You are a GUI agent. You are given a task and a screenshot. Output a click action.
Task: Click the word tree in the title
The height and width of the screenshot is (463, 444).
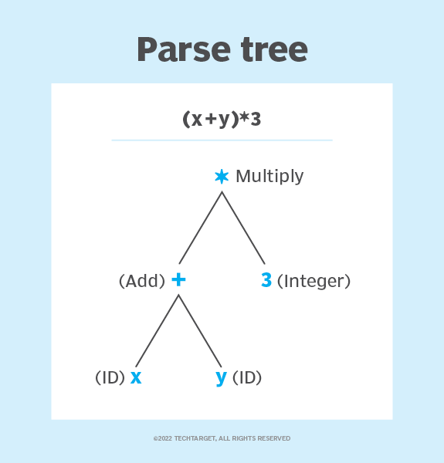click(270, 49)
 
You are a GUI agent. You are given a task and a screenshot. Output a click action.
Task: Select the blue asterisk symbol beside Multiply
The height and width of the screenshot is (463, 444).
click(222, 177)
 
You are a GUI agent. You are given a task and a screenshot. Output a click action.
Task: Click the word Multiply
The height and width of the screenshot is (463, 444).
click(269, 177)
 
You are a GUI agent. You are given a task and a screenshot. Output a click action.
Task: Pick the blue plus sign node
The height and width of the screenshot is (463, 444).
click(178, 280)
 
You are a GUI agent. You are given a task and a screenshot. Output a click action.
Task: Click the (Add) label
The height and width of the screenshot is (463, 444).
click(142, 282)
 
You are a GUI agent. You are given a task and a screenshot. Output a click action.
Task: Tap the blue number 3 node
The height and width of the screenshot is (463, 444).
click(266, 281)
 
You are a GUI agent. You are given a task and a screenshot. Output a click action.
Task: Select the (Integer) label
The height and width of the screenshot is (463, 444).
click(314, 282)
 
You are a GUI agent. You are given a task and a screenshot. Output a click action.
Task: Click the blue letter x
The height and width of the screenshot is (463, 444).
click(136, 377)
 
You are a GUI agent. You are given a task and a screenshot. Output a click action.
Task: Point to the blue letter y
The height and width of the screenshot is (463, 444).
click(221, 378)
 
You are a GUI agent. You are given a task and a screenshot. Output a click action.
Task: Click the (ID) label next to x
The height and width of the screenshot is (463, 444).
click(110, 378)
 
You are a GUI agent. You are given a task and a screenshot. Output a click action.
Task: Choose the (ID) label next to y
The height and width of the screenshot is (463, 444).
click(247, 378)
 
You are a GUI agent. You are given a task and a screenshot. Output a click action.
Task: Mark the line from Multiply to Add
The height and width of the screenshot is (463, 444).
click(201, 228)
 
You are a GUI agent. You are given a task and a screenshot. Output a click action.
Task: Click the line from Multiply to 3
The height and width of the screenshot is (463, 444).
click(243, 228)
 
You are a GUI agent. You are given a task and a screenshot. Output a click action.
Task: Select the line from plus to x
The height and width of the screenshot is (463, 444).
click(158, 330)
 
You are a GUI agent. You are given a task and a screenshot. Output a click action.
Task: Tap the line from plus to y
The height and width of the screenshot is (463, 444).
click(200, 330)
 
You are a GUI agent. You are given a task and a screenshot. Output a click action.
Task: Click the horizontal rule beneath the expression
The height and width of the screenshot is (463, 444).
click(222, 140)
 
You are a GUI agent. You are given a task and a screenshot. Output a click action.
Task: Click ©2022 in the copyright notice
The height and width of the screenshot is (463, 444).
click(162, 438)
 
